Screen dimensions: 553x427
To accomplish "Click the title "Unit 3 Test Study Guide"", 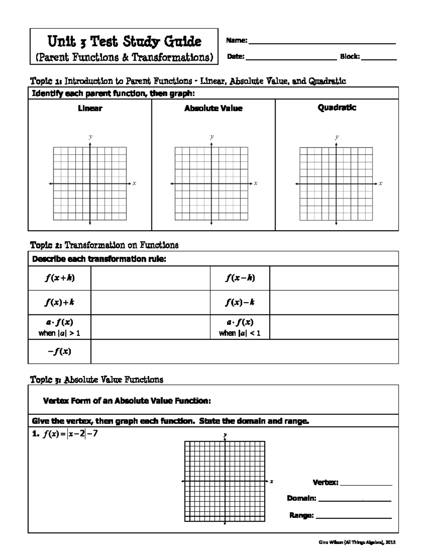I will click(124, 42).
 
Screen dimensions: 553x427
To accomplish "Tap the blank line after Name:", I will click(322, 43).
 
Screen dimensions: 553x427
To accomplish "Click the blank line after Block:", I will click(379, 59).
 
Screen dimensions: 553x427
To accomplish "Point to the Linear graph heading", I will click(90, 108).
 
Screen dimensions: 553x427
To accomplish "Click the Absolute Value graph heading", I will click(213, 108).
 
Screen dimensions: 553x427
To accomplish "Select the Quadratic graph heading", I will click(337, 108).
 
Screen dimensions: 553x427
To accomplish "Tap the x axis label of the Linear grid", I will click(134, 183).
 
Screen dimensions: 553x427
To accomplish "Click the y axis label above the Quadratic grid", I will click(337, 136).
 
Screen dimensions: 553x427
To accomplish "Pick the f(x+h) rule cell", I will click(59, 278).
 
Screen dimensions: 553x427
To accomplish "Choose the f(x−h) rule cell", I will click(240, 278).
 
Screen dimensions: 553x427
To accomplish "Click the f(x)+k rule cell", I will click(59, 302).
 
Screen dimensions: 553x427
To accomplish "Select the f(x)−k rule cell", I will click(240, 302).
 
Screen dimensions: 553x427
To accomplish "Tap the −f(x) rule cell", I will click(59, 351).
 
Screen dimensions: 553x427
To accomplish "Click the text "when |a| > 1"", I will click(59, 333).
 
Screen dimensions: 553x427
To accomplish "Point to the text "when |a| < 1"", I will click(240, 333).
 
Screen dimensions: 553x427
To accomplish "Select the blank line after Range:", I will click(354, 517).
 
